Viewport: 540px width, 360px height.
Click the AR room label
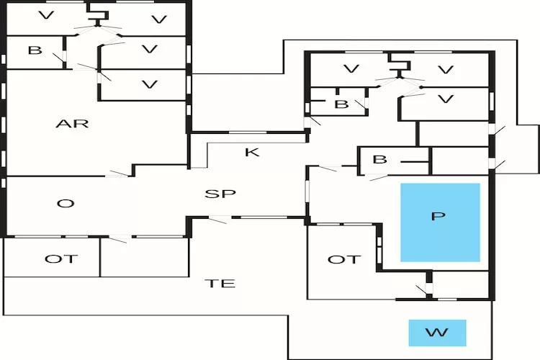pos(72,124)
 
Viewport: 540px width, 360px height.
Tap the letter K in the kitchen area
pos(251,152)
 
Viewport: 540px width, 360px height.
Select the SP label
pos(220,194)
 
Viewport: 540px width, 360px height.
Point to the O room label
pos(66,204)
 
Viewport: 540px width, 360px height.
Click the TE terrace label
pos(220,284)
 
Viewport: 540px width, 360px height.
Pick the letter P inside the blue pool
pos(440,216)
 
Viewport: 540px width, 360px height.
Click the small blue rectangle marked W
pos(437,333)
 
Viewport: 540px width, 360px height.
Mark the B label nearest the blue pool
pos(379,159)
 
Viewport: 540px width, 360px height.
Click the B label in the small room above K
pos(342,104)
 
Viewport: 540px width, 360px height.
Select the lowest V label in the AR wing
pos(150,84)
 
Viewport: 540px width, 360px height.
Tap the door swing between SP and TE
pos(219,219)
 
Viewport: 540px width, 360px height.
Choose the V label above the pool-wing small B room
pos(351,69)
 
